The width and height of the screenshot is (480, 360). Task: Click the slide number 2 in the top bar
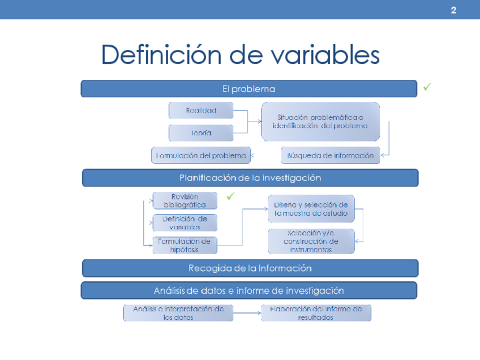click(x=453, y=10)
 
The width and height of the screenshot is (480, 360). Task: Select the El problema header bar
click(x=249, y=89)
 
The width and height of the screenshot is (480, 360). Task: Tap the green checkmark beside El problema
click(x=427, y=87)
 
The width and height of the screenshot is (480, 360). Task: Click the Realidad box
click(x=201, y=111)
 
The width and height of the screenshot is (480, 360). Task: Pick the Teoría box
click(x=201, y=133)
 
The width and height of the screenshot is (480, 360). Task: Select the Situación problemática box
click(x=320, y=122)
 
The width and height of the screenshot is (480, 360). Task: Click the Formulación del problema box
click(x=201, y=155)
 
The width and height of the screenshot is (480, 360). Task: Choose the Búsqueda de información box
click(x=331, y=155)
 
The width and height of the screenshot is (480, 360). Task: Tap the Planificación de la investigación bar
click(x=250, y=178)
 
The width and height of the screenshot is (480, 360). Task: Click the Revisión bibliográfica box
click(x=185, y=201)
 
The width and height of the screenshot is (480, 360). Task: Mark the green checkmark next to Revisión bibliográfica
click(x=230, y=196)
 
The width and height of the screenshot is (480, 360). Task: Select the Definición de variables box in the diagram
click(x=185, y=222)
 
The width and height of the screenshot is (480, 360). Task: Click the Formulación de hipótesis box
click(x=185, y=245)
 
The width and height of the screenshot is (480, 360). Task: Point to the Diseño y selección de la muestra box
click(x=311, y=209)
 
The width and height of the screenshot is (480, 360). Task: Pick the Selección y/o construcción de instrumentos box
click(x=311, y=241)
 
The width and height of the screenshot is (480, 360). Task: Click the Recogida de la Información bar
click(x=250, y=268)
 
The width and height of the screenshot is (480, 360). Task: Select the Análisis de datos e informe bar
click(x=249, y=290)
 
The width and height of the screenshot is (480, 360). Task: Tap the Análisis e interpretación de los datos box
click(x=178, y=313)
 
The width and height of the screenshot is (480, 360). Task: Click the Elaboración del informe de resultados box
click(x=316, y=313)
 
